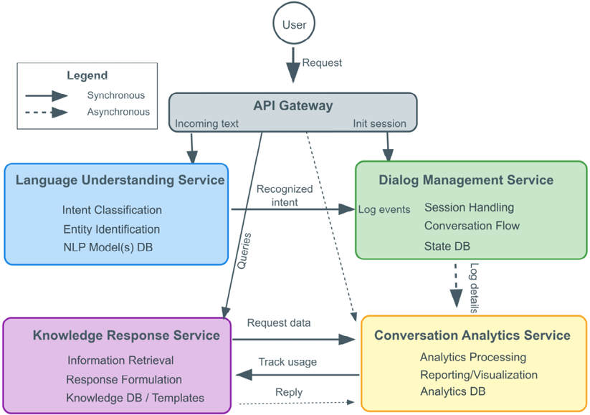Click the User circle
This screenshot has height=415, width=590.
pos(294,24)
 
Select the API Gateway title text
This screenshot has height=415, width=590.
pos(292,106)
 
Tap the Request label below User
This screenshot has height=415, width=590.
pos(322,62)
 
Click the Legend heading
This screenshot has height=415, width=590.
pos(87,75)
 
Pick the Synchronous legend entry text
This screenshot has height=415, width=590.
pos(115,95)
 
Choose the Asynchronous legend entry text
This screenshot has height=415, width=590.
pos(118,112)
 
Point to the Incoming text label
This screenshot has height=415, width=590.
pos(206,123)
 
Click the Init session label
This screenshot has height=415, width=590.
pos(379,123)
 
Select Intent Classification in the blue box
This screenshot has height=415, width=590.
pos(112,210)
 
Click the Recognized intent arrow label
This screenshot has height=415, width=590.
pos(285,196)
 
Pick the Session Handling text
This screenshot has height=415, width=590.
pos(469,207)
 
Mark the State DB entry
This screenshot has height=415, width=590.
pos(447,247)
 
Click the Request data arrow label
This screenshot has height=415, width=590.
pos(279,323)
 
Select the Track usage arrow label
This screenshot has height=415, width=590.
pos(287,362)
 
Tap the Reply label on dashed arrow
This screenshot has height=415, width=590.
pos(289,392)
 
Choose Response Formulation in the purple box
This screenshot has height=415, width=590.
pos(124,379)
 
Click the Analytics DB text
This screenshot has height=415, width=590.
pos(452,391)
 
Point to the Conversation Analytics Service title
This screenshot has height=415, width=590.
pos(472,335)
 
